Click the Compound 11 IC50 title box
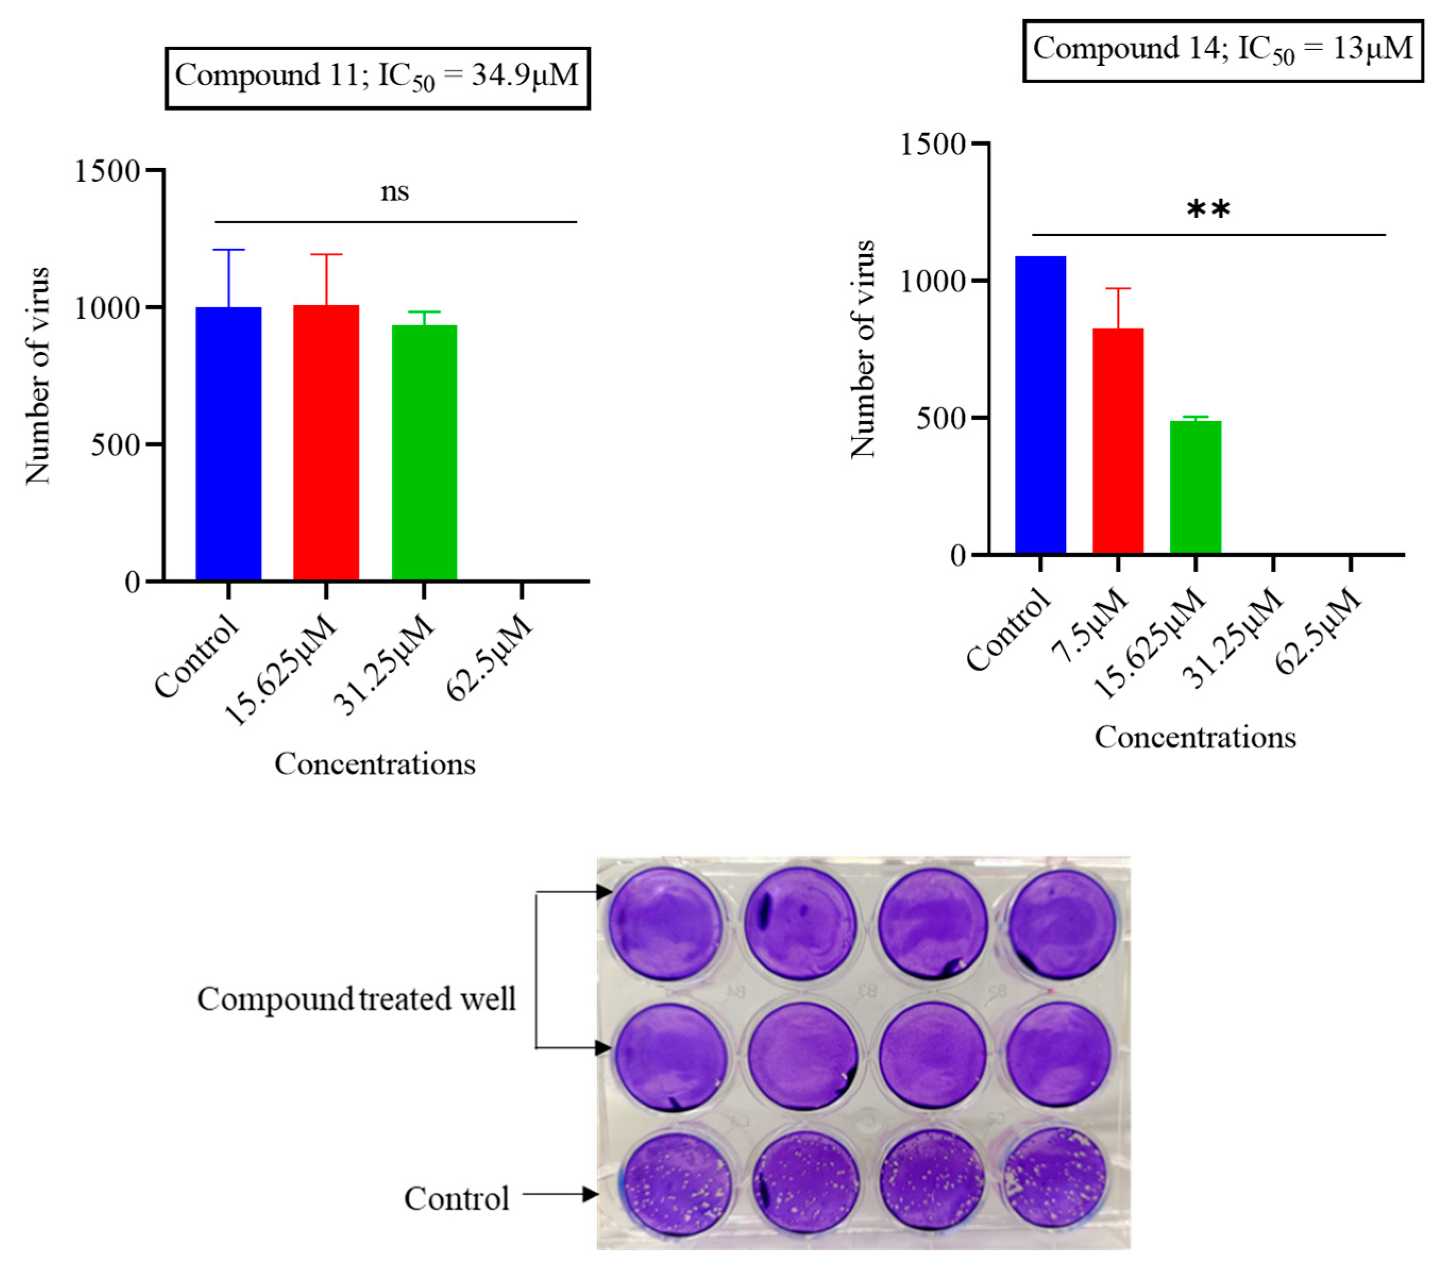[377, 78]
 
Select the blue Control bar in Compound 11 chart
[228, 444]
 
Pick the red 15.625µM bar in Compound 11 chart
[326, 442]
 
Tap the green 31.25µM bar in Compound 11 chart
[424, 453]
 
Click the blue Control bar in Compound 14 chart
[1040, 405]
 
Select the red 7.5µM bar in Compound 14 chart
[1118, 441]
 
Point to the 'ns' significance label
[395, 192]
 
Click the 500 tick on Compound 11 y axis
[116, 444]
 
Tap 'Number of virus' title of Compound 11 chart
[37, 376]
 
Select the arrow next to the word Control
[559, 1194]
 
